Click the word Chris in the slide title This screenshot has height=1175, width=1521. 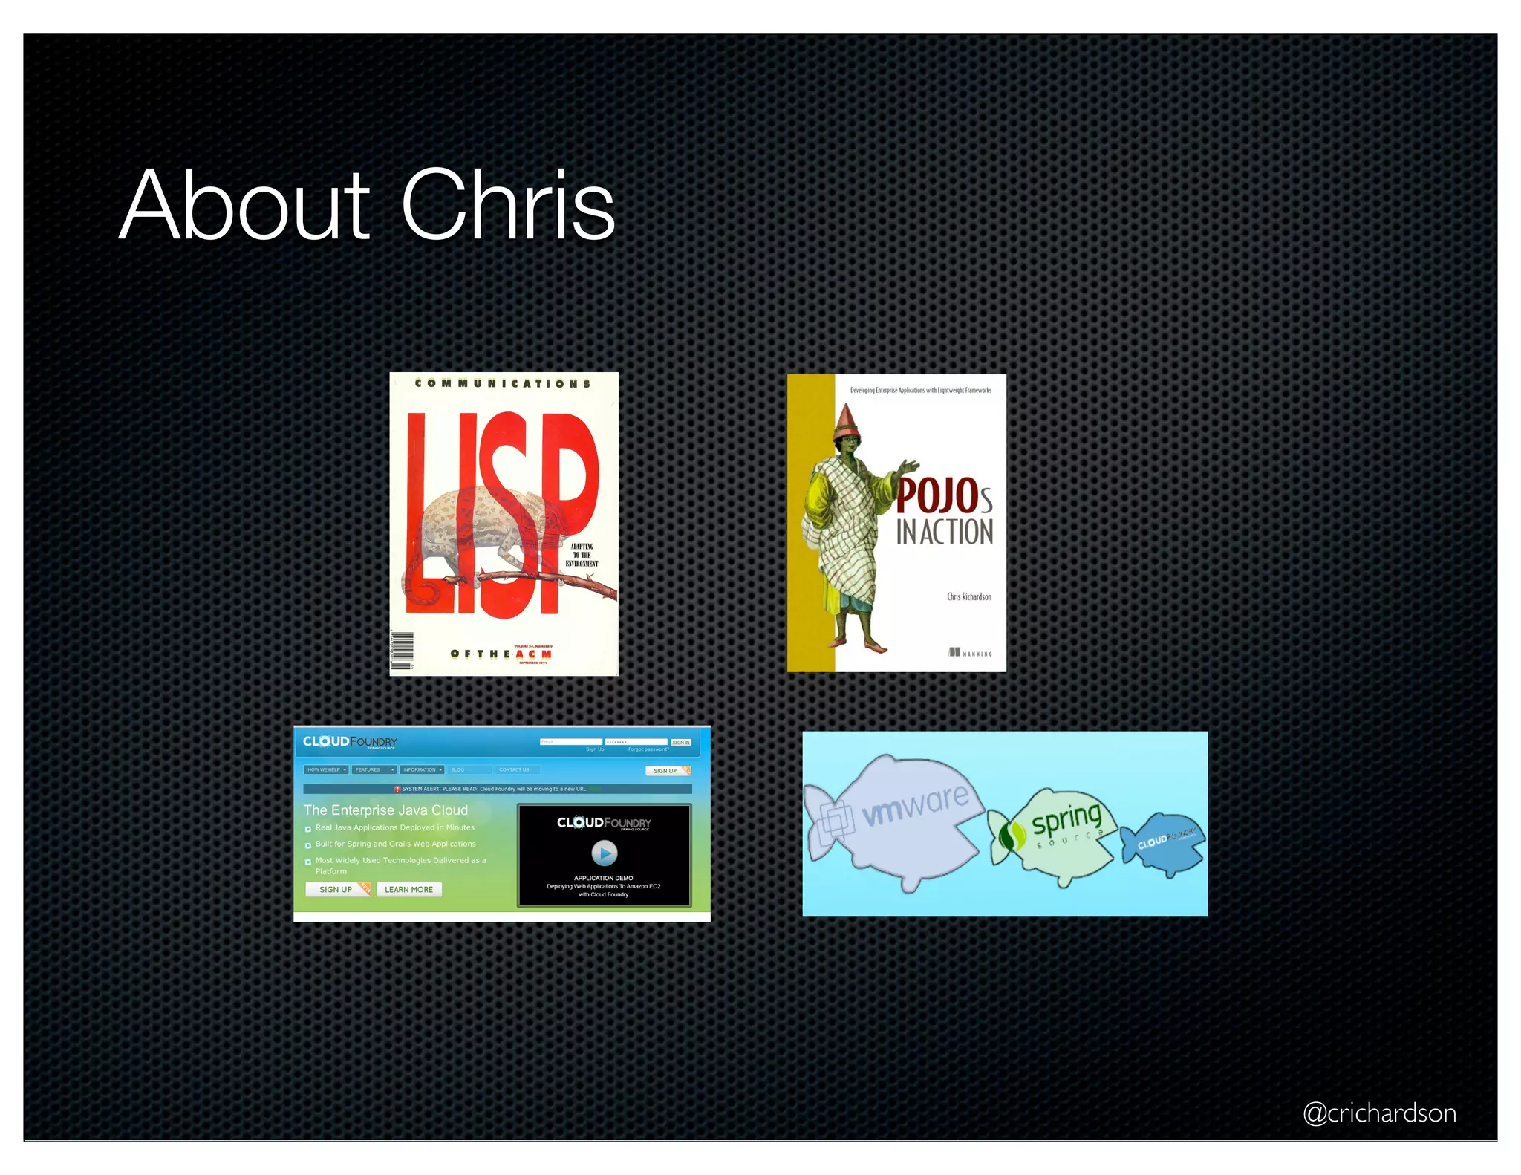508,206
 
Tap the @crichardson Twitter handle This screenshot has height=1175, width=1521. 1379,1113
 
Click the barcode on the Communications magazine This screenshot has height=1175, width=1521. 402,651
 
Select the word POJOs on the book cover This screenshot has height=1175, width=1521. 943,496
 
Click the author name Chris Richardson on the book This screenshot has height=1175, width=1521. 968,596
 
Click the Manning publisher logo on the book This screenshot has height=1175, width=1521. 969,653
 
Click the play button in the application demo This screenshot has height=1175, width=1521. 604,853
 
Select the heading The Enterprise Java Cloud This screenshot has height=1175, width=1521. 385,810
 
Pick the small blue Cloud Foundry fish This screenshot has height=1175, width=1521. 1165,843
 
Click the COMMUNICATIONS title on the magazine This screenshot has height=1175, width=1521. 503,384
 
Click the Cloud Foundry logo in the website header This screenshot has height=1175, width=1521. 350,742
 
